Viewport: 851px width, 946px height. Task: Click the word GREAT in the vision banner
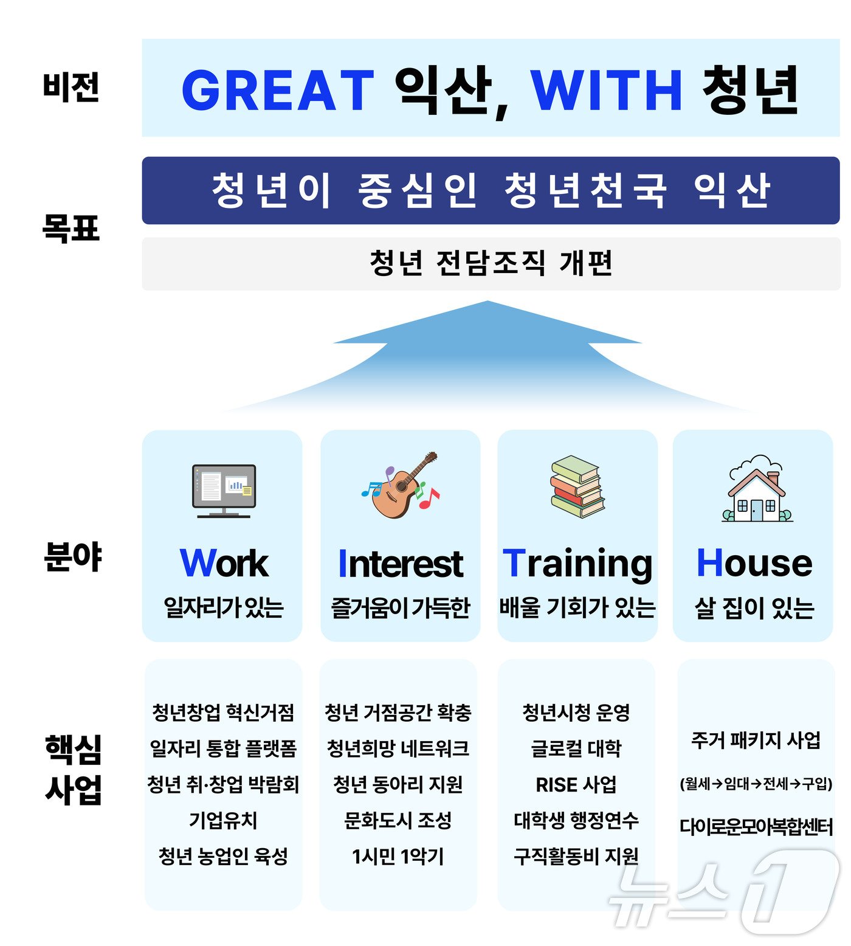point(277,89)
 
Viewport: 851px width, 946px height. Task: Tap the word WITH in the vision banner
point(606,89)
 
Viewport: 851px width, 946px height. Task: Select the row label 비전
point(71,86)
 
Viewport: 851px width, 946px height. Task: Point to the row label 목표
point(71,229)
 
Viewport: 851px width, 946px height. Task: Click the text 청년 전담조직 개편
point(491,263)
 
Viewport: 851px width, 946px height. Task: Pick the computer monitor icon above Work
point(224,491)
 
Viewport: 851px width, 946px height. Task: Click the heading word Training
point(577,564)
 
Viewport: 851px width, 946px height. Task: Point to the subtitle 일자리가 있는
point(224,607)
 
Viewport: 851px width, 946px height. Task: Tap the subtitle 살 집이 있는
point(754,607)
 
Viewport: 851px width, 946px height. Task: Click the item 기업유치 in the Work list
point(223,820)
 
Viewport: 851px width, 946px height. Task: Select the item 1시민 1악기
point(398,856)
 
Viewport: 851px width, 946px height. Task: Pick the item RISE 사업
point(576,784)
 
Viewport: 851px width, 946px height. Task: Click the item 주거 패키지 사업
point(756,740)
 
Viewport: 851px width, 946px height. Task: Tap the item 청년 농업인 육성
point(223,856)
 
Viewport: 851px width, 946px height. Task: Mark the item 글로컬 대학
point(576,748)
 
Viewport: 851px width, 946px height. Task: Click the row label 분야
point(73,556)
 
